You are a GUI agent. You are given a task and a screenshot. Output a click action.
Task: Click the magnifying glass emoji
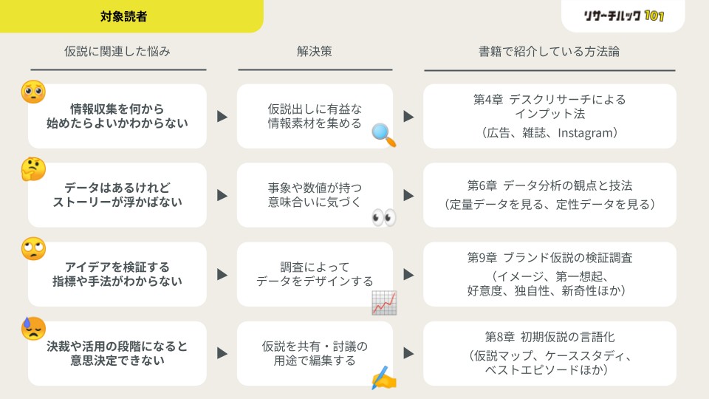(x=383, y=134)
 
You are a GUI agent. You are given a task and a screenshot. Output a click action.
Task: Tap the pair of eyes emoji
(x=383, y=217)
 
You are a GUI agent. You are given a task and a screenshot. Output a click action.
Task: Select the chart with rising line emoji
(x=384, y=302)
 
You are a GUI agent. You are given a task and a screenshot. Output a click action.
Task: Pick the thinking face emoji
(x=33, y=170)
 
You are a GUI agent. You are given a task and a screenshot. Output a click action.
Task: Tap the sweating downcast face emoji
(x=33, y=328)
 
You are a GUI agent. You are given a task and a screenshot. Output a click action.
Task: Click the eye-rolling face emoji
(x=33, y=249)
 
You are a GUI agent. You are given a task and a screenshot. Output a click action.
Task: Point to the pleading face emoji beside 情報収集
(x=33, y=91)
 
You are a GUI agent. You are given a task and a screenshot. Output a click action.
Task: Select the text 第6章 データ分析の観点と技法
(x=549, y=185)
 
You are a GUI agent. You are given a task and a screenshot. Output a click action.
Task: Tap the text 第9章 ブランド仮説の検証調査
(x=549, y=258)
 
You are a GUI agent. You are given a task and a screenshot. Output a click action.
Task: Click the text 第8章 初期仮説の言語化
(x=549, y=338)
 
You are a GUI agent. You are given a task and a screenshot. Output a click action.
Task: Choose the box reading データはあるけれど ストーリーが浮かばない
(x=117, y=195)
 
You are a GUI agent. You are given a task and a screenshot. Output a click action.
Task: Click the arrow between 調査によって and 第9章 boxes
(x=408, y=274)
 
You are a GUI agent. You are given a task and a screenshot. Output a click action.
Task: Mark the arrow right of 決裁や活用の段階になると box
(x=222, y=353)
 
